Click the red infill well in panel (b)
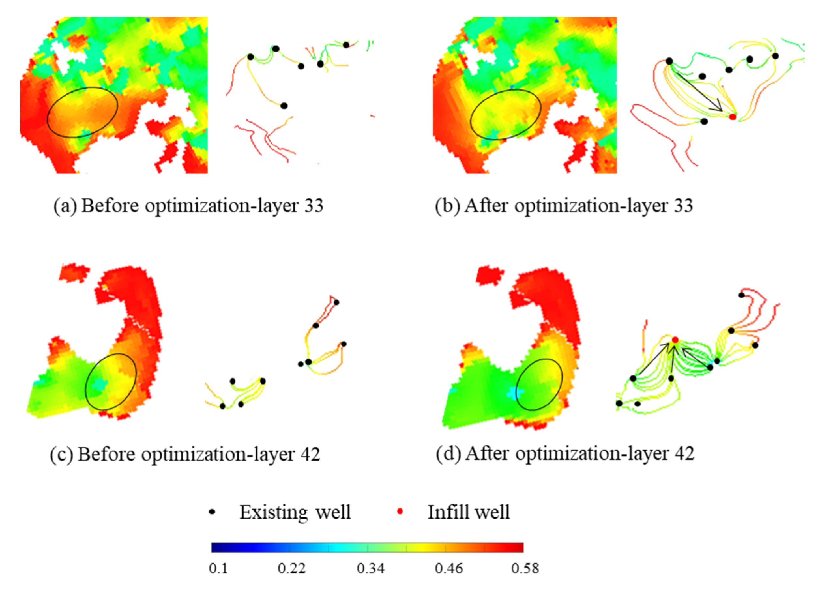(x=732, y=117)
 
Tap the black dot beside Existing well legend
(x=213, y=512)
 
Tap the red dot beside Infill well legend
(x=400, y=512)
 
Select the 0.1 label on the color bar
(x=218, y=569)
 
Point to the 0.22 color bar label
(x=292, y=569)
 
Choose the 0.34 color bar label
(x=371, y=569)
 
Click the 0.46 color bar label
(x=449, y=569)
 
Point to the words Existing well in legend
(x=295, y=512)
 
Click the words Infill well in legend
(x=468, y=512)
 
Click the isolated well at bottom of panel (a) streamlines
(x=284, y=106)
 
